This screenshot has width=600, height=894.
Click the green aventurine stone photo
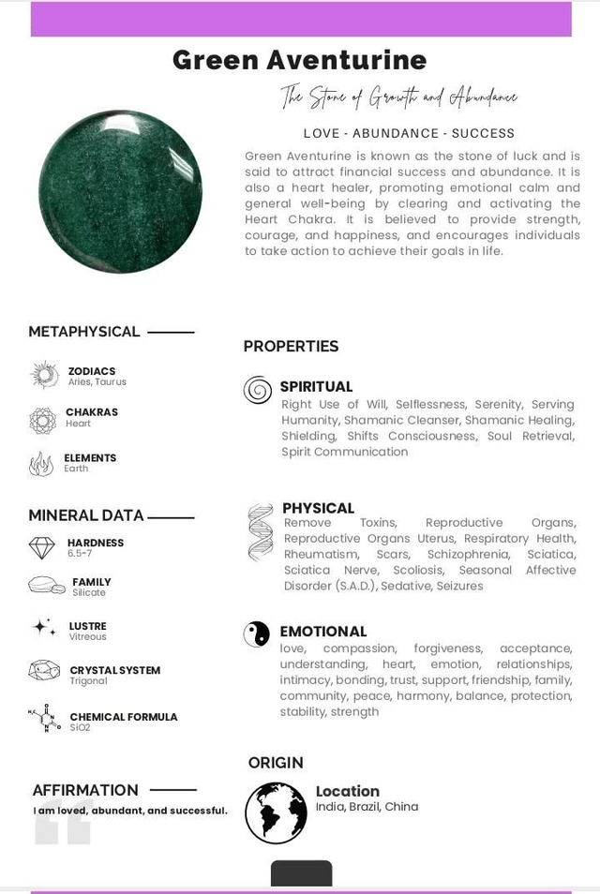click(x=120, y=191)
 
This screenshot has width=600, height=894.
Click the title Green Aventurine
click(x=299, y=60)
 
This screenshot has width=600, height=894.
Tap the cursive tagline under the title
click(x=398, y=97)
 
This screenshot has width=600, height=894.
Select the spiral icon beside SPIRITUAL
click(x=258, y=390)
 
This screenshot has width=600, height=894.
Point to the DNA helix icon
click(x=261, y=532)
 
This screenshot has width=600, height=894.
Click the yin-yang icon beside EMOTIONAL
click(x=257, y=634)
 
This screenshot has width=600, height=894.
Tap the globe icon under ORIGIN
click(x=276, y=812)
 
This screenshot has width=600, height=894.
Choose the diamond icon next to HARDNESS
click(x=42, y=547)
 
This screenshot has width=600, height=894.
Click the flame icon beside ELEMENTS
click(x=41, y=463)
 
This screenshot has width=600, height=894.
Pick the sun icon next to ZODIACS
click(x=44, y=375)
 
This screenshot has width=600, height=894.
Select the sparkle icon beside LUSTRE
click(x=44, y=627)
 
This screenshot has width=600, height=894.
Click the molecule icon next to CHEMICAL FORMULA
click(x=44, y=718)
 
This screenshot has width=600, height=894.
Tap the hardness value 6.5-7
click(x=80, y=554)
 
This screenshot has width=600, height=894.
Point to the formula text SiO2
click(x=81, y=728)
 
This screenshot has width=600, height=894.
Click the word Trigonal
click(x=89, y=681)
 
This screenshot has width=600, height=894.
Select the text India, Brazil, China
click(x=367, y=807)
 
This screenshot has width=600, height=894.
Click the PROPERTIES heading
click(x=291, y=347)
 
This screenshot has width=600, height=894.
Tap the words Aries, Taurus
click(x=97, y=382)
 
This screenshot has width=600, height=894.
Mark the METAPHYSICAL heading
click(x=84, y=332)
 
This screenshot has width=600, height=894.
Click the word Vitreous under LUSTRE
click(x=88, y=637)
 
